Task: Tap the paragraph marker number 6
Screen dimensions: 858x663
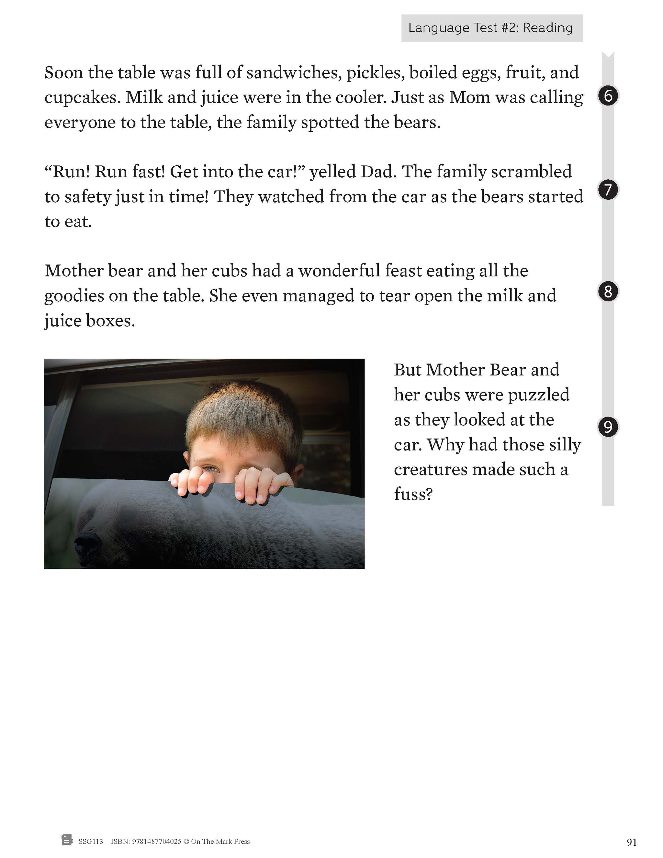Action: [x=608, y=96]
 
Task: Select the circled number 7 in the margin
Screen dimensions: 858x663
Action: [x=608, y=190]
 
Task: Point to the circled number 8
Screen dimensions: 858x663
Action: [x=608, y=292]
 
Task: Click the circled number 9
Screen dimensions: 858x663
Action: [x=608, y=427]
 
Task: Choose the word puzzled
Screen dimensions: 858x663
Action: [x=538, y=395]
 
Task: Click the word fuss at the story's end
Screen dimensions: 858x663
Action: [x=413, y=494]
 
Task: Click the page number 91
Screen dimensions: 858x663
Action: [x=632, y=842]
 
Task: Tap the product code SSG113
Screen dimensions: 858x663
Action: [x=91, y=841]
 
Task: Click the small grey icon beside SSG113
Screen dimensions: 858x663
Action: [x=67, y=841]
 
